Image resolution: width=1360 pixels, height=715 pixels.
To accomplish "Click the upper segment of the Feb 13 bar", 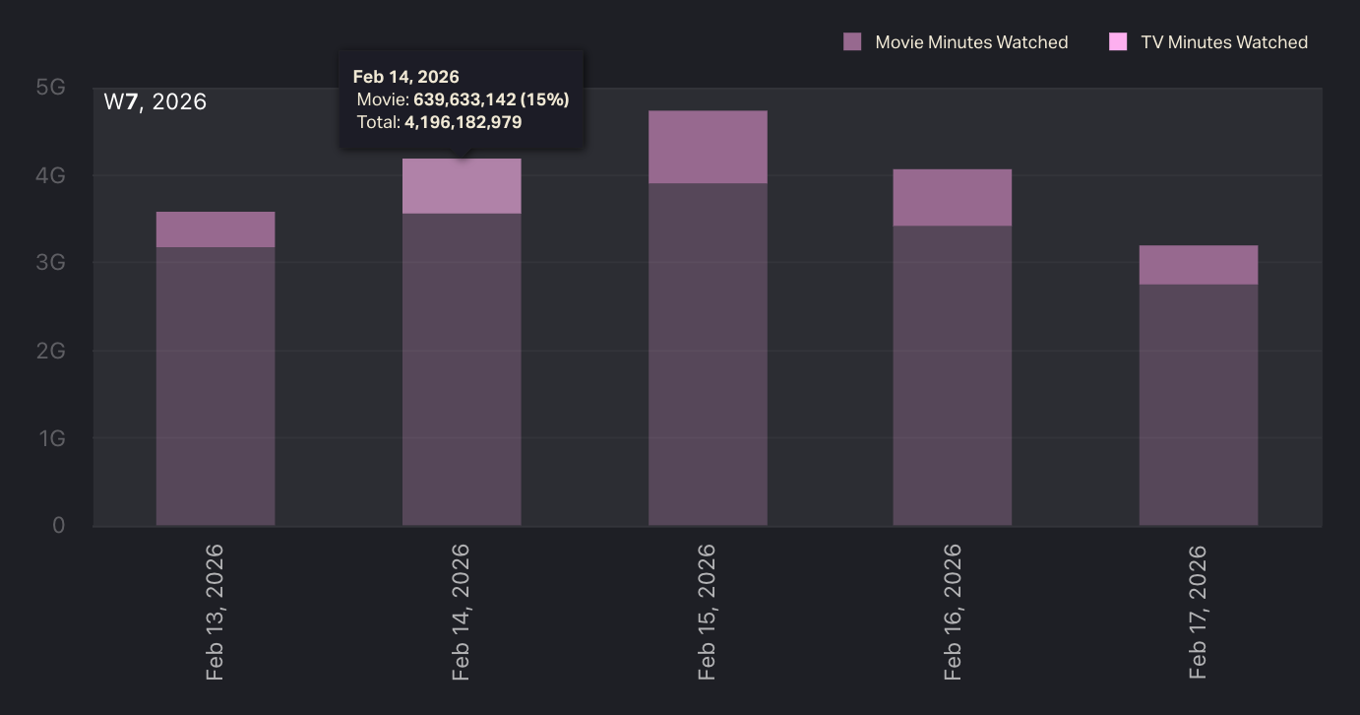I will point(216,229).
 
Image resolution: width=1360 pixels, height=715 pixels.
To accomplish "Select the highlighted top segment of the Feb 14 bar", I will point(462,187).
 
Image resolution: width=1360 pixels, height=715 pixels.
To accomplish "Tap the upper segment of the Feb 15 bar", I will point(708,147).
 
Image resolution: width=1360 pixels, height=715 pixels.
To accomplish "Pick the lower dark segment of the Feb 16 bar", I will point(952,375).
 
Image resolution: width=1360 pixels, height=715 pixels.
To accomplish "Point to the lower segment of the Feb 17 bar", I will point(1198,405).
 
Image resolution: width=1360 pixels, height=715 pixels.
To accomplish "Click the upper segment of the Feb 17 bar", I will point(1198,265).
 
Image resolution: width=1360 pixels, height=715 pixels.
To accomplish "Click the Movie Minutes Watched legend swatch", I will point(852,42).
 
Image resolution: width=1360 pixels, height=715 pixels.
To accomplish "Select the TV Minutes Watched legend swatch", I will point(1118,42).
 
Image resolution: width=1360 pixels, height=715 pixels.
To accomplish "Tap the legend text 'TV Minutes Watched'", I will point(1224,42).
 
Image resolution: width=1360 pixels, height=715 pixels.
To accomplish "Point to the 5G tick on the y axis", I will point(50,88).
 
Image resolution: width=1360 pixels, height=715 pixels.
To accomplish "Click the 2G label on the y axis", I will point(51,351).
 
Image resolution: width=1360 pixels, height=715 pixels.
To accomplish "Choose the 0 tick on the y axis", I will point(59,525).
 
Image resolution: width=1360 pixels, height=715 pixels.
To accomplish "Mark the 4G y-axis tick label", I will point(51,175).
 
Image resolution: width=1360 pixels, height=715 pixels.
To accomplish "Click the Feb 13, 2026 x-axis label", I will point(216,612).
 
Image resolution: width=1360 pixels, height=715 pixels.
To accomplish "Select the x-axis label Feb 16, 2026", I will point(953,612).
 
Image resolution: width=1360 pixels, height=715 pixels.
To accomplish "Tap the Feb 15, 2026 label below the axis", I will point(707,612).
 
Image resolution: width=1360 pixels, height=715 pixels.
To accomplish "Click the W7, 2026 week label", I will point(155,101).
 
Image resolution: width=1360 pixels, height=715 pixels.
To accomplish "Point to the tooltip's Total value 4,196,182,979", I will point(463,123).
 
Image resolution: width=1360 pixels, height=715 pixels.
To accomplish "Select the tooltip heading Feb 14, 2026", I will point(405,77).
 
